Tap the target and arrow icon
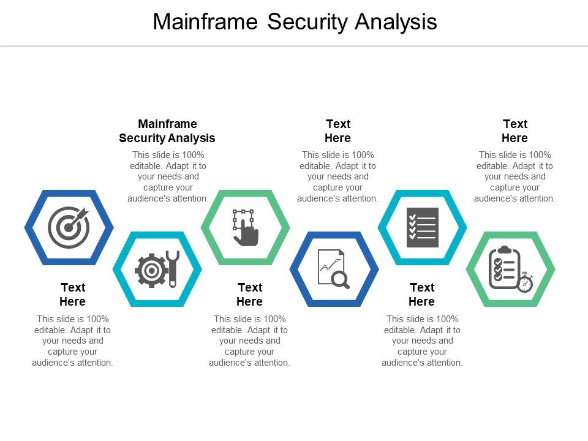(x=69, y=227)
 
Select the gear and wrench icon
(x=157, y=269)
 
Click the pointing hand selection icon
(x=245, y=227)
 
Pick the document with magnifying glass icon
(x=334, y=269)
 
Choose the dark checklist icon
(x=422, y=227)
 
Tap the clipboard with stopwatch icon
(x=510, y=269)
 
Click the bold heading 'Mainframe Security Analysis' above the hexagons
(x=167, y=131)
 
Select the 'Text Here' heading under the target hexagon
(x=72, y=295)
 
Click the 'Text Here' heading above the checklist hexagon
(x=338, y=131)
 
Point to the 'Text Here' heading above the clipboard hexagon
(x=514, y=131)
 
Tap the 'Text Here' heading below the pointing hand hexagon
(x=249, y=295)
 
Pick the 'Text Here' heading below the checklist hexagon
(x=422, y=295)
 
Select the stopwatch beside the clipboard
(x=525, y=283)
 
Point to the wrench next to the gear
(x=172, y=268)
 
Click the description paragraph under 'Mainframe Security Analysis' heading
(x=168, y=176)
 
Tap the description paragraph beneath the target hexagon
(x=72, y=341)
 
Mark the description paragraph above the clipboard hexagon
(x=514, y=176)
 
